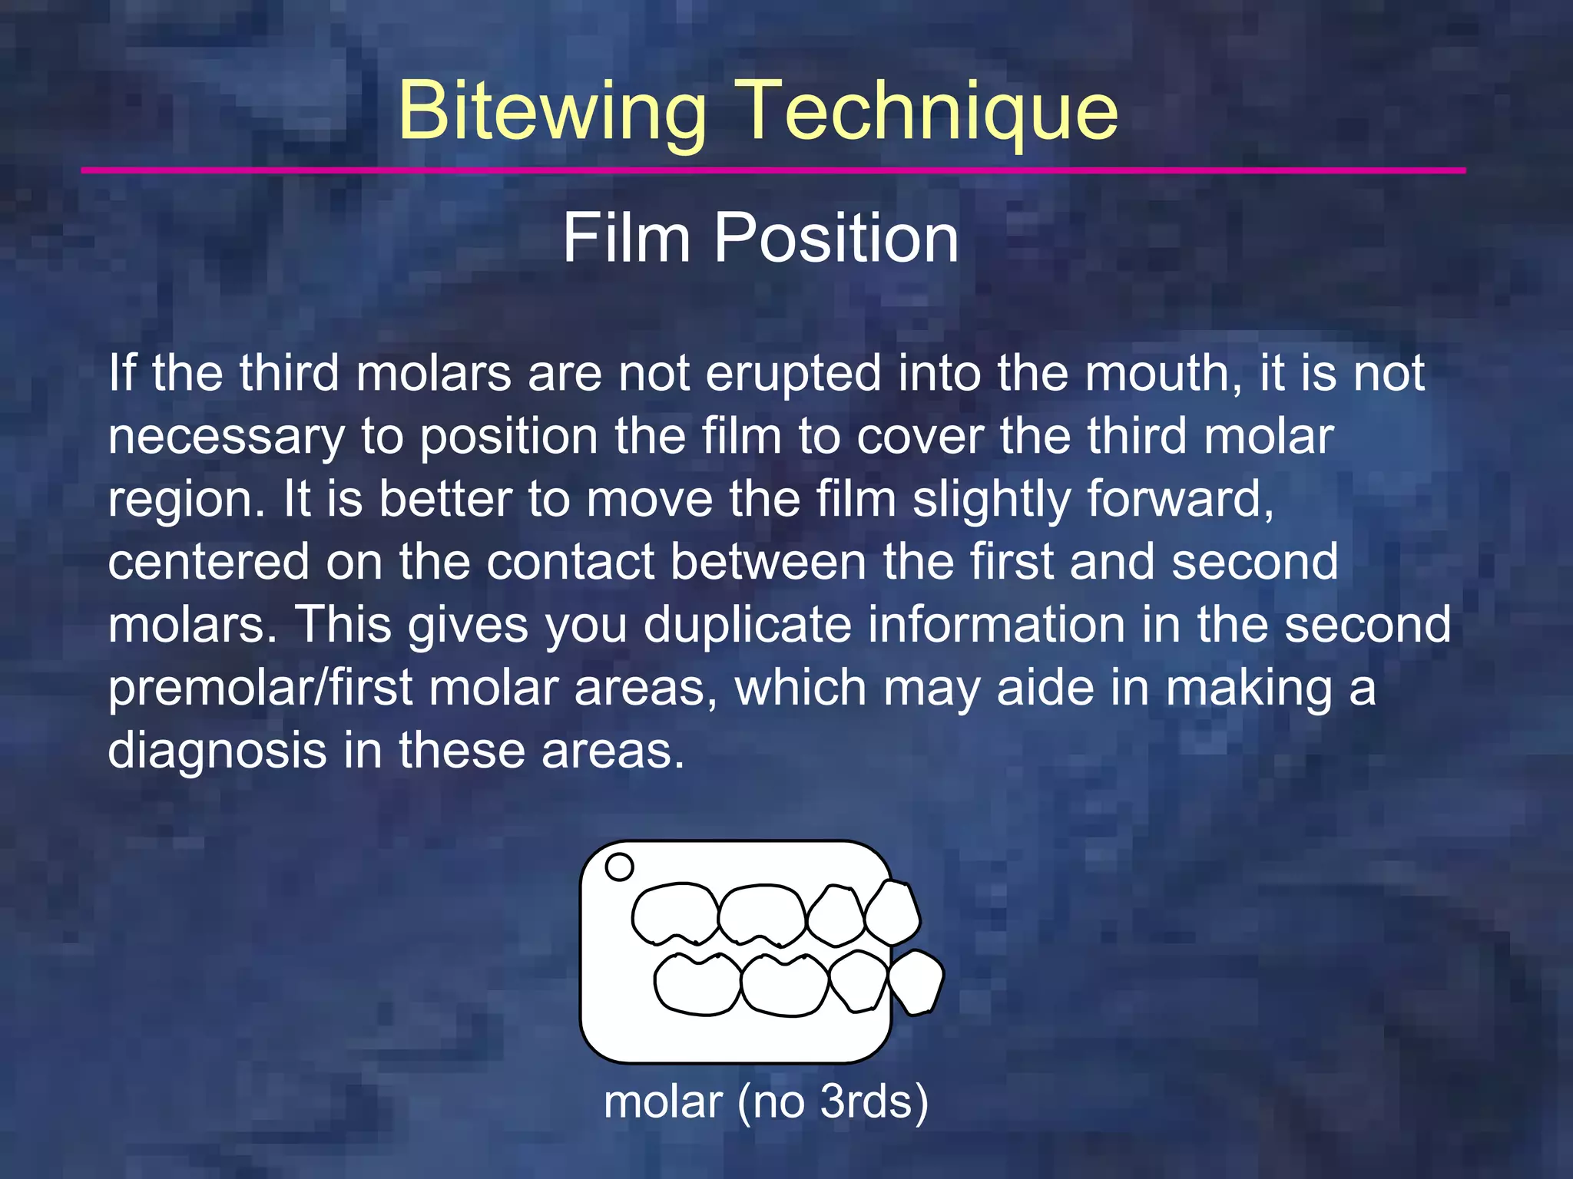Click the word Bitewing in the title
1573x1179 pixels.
pos(551,111)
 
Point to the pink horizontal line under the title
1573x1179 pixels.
pos(773,170)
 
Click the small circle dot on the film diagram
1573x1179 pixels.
pos(619,867)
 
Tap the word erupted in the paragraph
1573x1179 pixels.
pos(793,374)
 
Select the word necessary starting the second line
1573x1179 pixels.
pos(226,437)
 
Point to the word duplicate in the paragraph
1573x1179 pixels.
pos(747,625)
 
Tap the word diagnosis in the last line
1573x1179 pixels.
pos(217,751)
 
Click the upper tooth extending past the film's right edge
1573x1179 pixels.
pos(892,913)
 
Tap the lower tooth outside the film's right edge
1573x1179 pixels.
pos(916,982)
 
